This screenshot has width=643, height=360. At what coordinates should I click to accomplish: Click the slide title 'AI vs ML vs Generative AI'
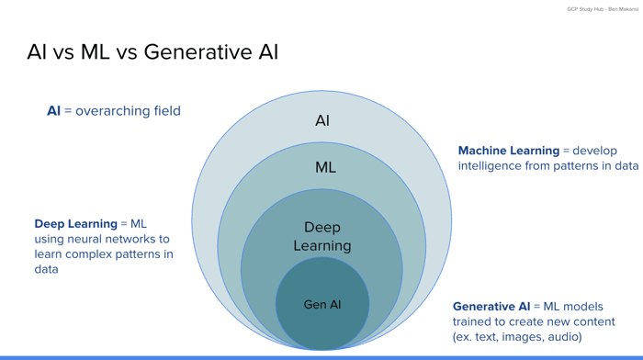(152, 52)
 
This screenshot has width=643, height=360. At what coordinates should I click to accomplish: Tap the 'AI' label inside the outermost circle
(321, 120)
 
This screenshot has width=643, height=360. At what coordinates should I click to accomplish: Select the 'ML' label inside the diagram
(325, 167)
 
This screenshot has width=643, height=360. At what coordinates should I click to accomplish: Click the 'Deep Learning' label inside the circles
(321, 236)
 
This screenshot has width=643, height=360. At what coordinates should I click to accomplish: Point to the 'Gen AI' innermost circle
(321, 304)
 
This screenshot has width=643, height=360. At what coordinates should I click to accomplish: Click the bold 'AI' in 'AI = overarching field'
(53, 111)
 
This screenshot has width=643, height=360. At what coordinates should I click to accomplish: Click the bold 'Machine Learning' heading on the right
(508, 151)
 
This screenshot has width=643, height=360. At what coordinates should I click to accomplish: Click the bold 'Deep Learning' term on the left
(75, 223)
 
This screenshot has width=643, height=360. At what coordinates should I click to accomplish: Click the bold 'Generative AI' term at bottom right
(491, 306)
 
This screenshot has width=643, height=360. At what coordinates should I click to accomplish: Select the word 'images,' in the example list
(518, 337)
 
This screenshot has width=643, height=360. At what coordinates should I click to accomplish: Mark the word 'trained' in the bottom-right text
(473, 321)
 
